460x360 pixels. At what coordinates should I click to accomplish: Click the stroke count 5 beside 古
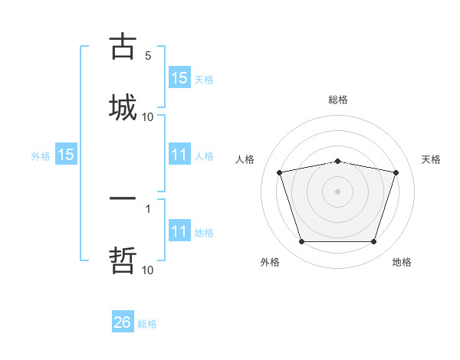pos(148,56)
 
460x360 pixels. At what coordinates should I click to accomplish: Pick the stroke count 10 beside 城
pos(148,117)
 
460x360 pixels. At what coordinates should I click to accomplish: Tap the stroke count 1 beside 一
pos(148,208)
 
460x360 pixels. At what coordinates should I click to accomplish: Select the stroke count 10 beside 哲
pos(148,270)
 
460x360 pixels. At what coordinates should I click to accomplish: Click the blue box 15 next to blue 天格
pos(179,78)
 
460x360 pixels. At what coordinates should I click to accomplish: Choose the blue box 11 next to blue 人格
pos(179,155)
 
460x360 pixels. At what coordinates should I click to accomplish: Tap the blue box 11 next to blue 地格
pos(179,231)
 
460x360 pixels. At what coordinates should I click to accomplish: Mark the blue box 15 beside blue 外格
pos(66,155)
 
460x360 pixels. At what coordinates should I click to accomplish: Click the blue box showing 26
pos(123,322)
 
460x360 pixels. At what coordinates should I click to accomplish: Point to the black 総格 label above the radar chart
pos(338,100)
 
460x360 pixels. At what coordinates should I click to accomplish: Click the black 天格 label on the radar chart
pos(432,159)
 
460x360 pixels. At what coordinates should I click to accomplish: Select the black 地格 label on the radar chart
pos(402,262)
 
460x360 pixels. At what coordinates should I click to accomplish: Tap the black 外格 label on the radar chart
pos(270,262)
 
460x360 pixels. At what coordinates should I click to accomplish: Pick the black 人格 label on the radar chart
pos(245,159)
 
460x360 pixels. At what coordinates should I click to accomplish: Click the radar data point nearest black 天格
pos(396,172)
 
